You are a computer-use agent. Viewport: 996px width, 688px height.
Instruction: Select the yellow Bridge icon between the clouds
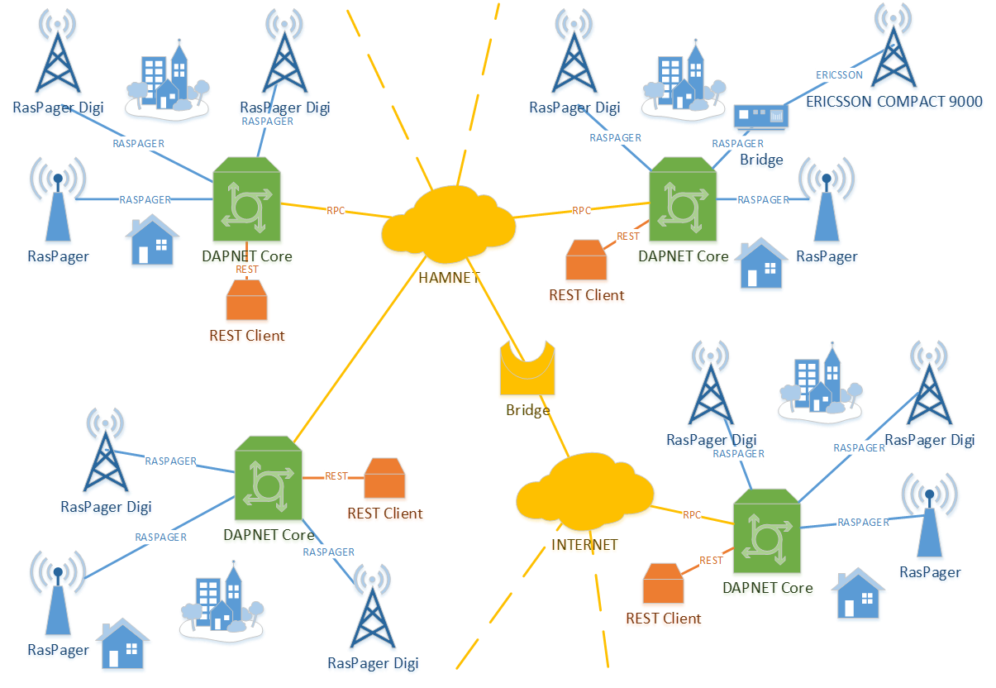click(527, 370)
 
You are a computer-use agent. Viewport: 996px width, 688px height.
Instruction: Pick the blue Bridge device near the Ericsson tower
click(760, 118)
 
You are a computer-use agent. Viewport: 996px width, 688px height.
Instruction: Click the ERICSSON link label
click(839, 75)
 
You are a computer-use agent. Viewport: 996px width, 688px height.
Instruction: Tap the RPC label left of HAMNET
click(336, 211)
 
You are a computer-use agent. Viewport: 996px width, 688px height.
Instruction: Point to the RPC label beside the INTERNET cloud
click(692, 515)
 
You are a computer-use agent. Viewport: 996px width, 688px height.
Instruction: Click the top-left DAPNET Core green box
click(247, 203)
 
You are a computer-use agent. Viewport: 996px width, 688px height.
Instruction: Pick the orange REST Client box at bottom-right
click(664, 584)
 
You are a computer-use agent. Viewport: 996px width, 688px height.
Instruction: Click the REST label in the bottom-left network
click(336, 476)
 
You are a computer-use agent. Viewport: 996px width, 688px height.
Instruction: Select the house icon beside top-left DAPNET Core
click(152, 241)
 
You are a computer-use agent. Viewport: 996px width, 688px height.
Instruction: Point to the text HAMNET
click(449, 278)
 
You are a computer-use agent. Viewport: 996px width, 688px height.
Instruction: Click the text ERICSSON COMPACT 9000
click(894, 102)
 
